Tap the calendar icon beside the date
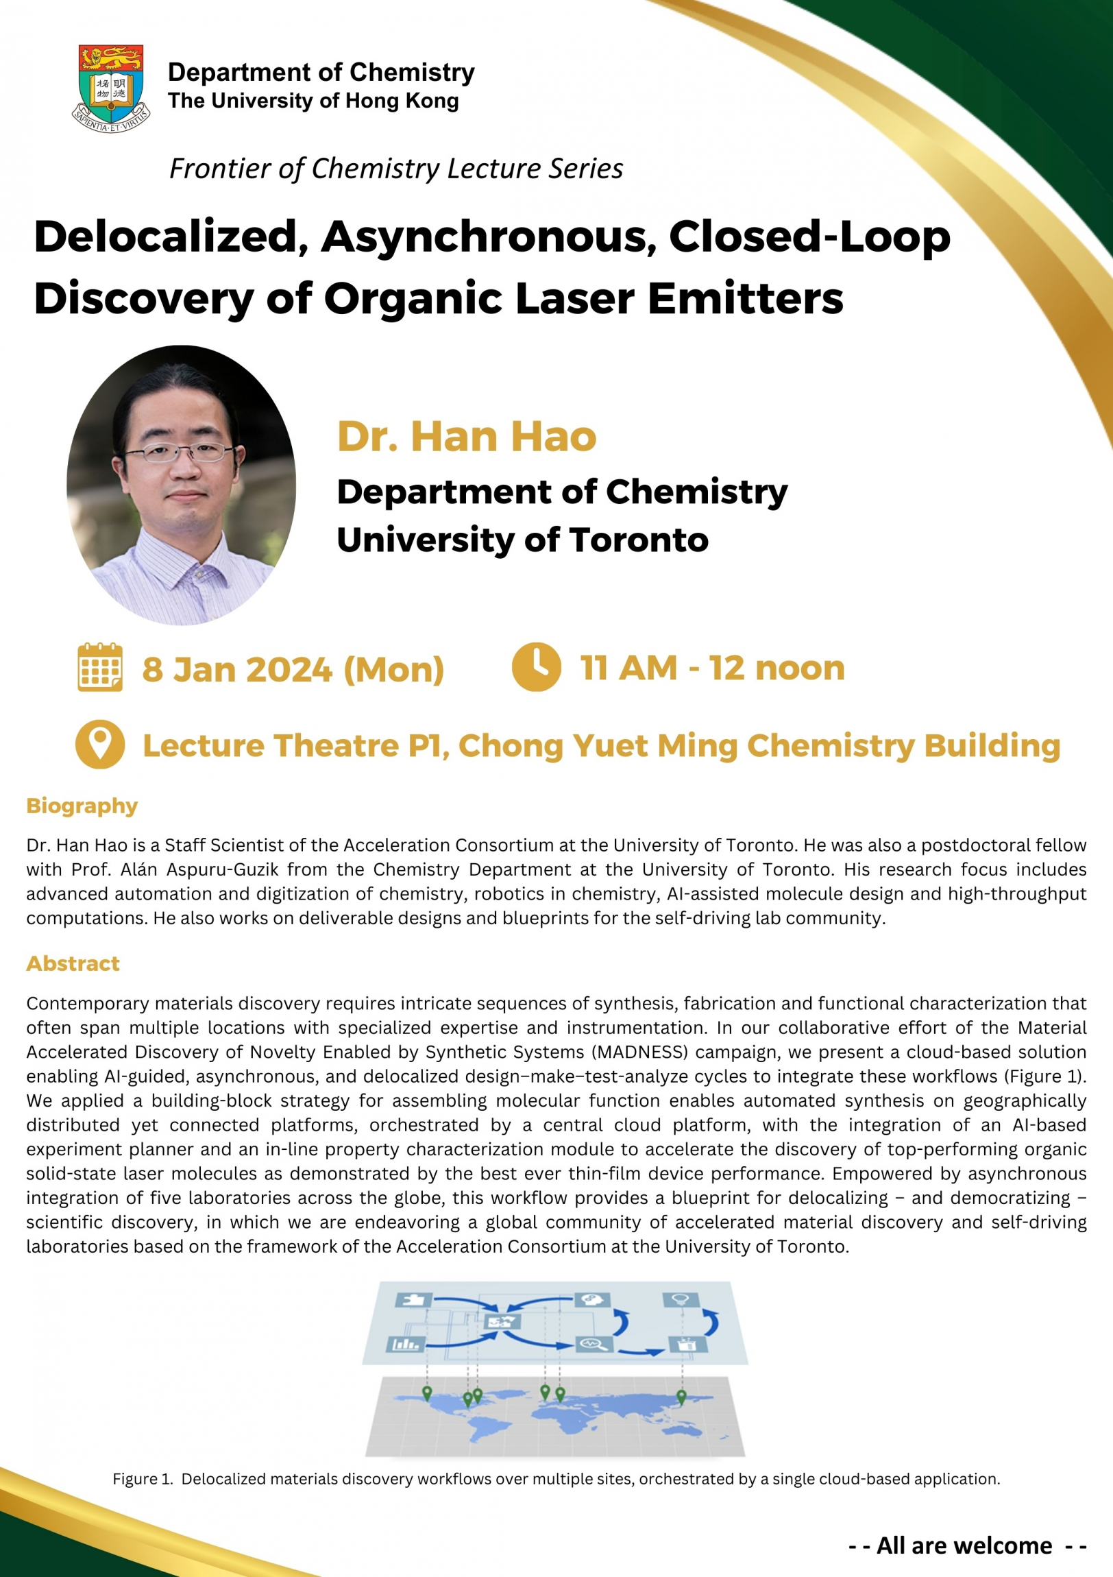pyautogui.click(x=100, y=667)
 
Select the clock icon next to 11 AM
pyautogui.click(x=536, y=667)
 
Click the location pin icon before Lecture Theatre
pyautogui.click(x=100, y=744)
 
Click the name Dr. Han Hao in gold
pyautogui.click(x=466, y=437)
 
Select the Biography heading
pyautogui.click(x=82, y=806)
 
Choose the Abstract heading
pyautogui.click(x=73, y=963)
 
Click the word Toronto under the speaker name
pyautogui.click(x=639, y=540)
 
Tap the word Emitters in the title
pyautogui.click(x=745, y=299)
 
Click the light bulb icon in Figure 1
pyautogui.click(x=681, y=1299)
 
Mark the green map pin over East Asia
pyautogui.click(x=681, y=1396)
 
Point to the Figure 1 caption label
pyautogui.click(x=143, y=1479)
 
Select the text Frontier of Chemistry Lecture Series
pyautogui.click(x=396, y=169)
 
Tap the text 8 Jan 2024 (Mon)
pyautogui.click(x=293, y=669)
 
